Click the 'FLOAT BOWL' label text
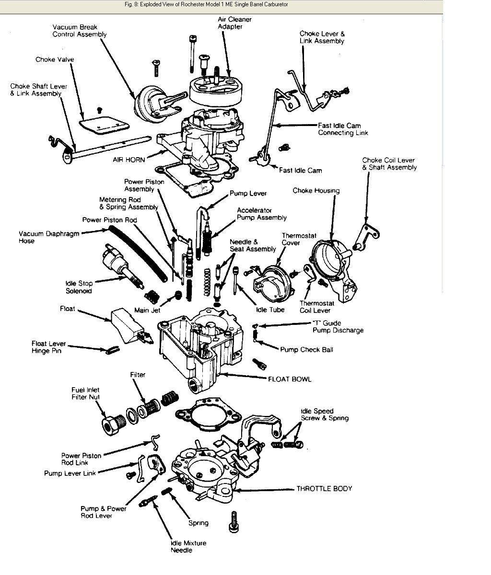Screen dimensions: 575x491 (x=289, y=379)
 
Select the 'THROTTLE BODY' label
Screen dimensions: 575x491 (x=324, y=489)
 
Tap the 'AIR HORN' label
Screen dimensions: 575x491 (x=129, y=159)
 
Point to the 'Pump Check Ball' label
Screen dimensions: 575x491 (x=306, y=349)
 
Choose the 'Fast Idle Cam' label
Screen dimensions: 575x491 (x=301, y=170)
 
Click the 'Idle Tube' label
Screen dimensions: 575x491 (x=270, y=310)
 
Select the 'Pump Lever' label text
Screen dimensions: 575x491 (x=248, y=193)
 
